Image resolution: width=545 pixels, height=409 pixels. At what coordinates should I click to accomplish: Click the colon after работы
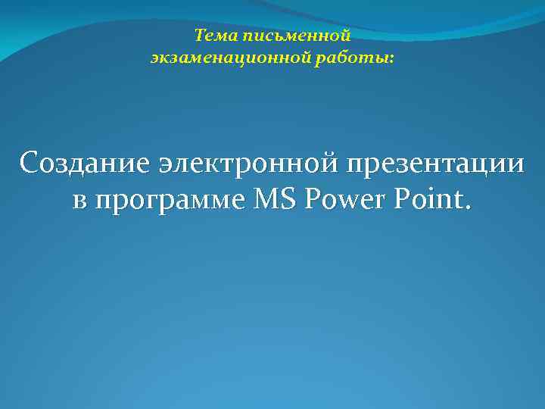pyautogui.click(x=391, y=58)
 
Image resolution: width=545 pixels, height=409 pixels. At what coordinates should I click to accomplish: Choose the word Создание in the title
pyautogui.click(x=86, y=162)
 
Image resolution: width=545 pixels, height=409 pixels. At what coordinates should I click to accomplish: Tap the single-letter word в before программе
pyautogui.click(x=80, y=200)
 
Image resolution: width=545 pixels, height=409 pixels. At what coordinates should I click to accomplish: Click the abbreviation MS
pyautogui.click(x=279, y=200)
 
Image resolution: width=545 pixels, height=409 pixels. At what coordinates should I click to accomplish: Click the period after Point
pyautogui.click(x=466, y=208)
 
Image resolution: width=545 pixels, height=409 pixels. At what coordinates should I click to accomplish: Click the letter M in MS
pyautogui.click(x=270, y=200)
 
